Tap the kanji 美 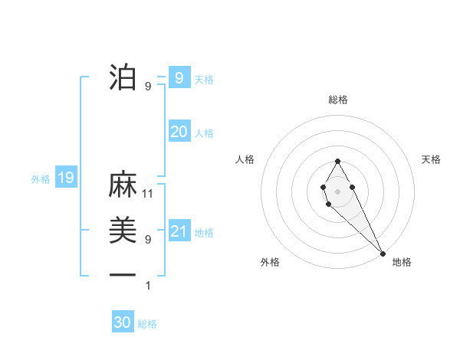tap(123, 231)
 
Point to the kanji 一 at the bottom tap(123, 275)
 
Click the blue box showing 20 tap(179, 132)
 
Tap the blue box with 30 tap(123, 322)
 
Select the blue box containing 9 tap(179, 77)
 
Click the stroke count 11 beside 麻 tap(148, 194)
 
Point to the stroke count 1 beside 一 tap(148, 286)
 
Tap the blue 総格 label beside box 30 tap(147, 324)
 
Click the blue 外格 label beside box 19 tap(41, 179)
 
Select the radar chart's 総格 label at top tap(338, 100)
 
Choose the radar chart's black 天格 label tap(432, 159)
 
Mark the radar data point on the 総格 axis tap(338, 161)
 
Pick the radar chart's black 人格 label tap(245, 159)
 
